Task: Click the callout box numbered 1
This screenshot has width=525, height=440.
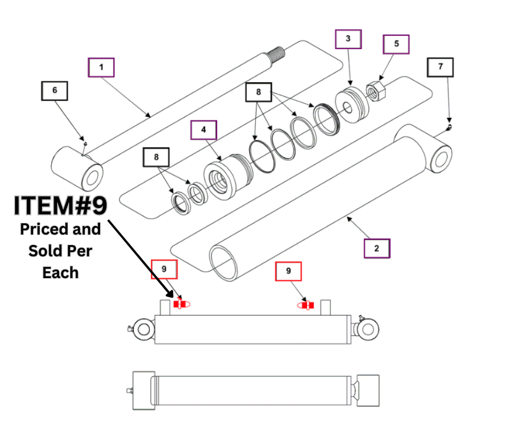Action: [x=101, y=68]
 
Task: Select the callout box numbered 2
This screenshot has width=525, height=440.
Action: [x=376, y=248]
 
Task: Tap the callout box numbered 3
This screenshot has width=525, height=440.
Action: [x=348, y=39]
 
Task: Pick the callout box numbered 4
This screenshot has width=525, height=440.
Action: [x=204, y=130]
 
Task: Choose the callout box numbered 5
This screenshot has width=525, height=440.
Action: [x=396, y=44]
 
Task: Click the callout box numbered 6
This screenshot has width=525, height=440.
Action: [x=54, y=90]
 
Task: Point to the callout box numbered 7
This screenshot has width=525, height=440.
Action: [x=440, y=67]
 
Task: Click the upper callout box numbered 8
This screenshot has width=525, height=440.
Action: [x=259, y=92]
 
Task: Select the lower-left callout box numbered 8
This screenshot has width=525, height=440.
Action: [x=156, y=157]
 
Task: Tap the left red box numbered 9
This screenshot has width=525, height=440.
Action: [x=164, y=269]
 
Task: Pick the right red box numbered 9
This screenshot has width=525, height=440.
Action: [x=288, y=271]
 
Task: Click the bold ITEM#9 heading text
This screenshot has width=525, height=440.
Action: [x=60, y=206]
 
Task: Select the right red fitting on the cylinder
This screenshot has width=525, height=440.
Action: [x=307, y=305]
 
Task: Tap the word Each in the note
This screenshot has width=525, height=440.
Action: [x=60, y=272]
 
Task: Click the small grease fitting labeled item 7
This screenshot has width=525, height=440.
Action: [x=450, y=127]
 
